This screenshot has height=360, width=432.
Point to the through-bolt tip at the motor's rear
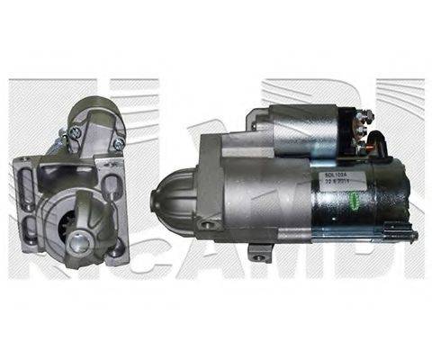point(415,236)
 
